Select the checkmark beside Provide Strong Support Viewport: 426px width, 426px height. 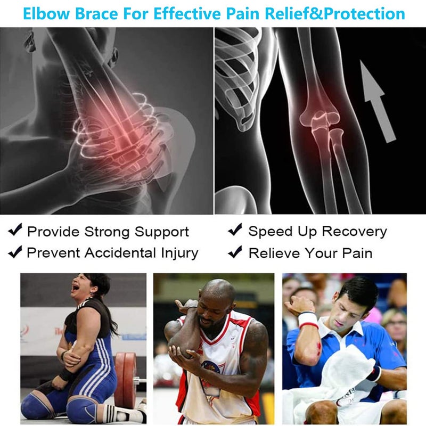(x=15, y=231)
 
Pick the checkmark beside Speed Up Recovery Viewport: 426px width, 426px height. (x=235, y=231)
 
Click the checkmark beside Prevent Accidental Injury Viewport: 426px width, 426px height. (x=15, y=252)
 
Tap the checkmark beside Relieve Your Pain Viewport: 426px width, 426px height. (x=235, y=252)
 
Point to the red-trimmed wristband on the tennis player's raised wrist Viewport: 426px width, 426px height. (x=308, y=321)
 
